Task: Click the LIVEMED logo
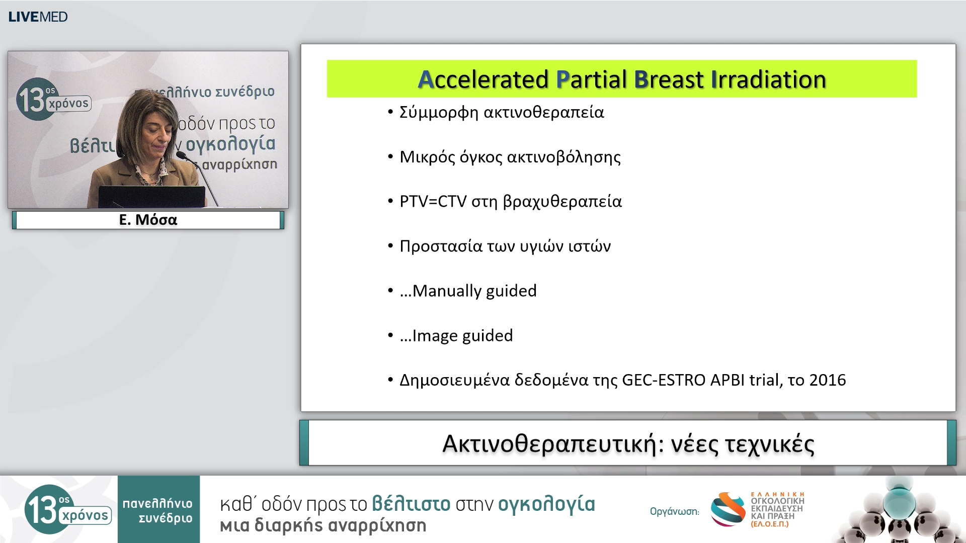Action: point(38,17)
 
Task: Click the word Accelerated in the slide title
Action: point(483,79)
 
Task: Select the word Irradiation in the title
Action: point(768,79)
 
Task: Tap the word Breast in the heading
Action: point(669,79)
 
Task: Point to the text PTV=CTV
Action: point(433,201)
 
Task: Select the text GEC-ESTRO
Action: point(664,380)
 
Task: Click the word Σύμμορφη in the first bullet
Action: point(439,112)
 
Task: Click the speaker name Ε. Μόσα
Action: point(148,220)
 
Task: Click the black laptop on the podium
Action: point(151,197)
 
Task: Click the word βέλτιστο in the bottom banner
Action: point(411,504)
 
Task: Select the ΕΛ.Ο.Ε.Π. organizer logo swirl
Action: point(728,509)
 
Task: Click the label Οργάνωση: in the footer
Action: point(674,512)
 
